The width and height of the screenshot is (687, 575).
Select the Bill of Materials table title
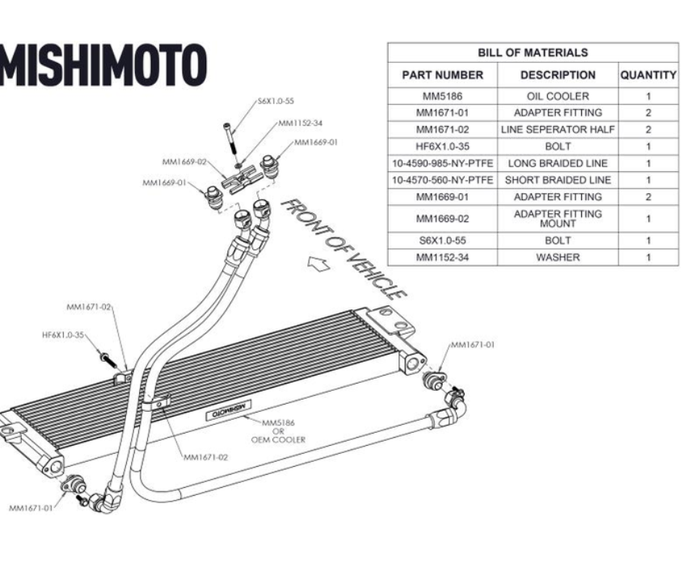(x=533, y=52)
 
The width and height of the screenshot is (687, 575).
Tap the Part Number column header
(x=442, y=75)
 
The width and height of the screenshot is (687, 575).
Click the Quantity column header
(x=648, y=75)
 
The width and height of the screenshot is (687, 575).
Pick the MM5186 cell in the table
(x=442, y=96)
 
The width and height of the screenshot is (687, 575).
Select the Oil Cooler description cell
(x=558, y=96)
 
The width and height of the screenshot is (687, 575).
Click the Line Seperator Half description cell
(x=558, y=129)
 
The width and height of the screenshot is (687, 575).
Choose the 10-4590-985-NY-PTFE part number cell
(x=442, y=163)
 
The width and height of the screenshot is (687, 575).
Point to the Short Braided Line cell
(x=558, y=180)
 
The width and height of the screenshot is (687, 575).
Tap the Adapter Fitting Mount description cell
(x=558, y=218)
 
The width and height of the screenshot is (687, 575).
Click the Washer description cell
(x=558, y=258)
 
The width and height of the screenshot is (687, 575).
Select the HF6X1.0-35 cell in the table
(x=442, y=146)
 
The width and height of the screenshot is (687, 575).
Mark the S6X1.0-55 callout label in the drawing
(x=276, y=102)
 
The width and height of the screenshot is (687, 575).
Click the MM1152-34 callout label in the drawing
(x=300, y=124)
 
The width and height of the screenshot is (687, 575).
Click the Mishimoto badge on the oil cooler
(x=227, y=411)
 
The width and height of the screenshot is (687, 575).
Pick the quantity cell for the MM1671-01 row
(x=648, y=113)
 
